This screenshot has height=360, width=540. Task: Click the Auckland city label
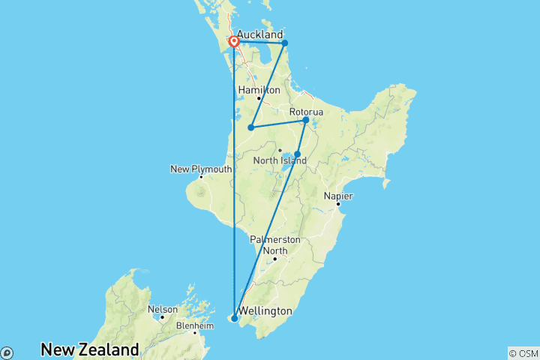(x=259, y=34)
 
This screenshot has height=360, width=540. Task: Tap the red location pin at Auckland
(x=235, y=42)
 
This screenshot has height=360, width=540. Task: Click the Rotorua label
(x=306, y=112)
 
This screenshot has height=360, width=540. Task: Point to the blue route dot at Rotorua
(x=306, y=120)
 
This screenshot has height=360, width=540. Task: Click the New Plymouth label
(x=201, y=169)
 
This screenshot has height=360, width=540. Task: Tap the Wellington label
(x=265, y=310)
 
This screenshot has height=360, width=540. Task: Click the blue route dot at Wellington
(x=235, y=319)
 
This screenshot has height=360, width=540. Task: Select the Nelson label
(x=163, y=309)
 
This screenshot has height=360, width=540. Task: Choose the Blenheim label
(x=195, y=326)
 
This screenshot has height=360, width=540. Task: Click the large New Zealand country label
(x=90, y=349)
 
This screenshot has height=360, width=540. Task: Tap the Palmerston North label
(x=275, y=244)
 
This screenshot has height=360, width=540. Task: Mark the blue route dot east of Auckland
(x=285, y=43)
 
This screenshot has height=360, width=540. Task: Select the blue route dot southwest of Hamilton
(x=250, y=127)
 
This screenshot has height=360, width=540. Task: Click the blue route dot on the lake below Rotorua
(x=298, y=154)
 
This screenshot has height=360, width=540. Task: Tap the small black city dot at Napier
(x=338, y=204)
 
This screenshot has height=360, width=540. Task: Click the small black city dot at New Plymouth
(x=201, y=177)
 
